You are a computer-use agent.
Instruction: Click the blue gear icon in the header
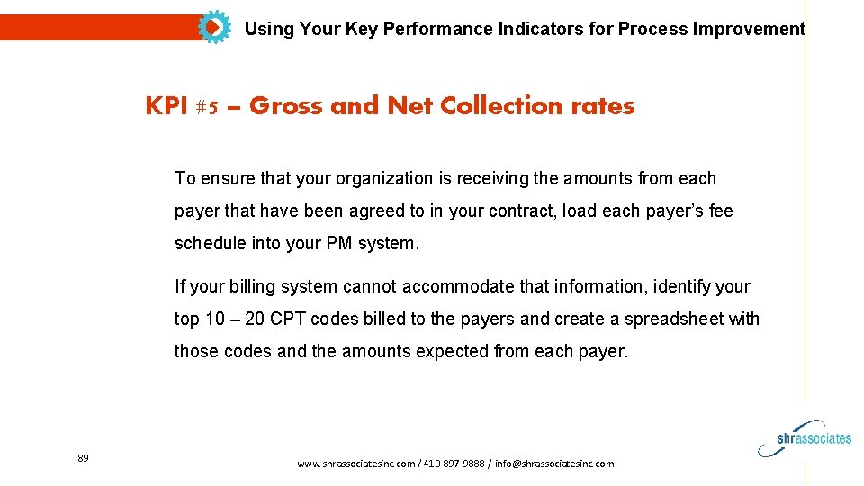[214, 27]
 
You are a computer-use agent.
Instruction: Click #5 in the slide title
[205, 107]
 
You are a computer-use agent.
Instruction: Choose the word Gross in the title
[286, 106]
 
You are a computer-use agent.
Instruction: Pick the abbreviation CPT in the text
[288, 319]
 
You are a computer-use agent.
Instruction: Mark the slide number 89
[83, 459]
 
